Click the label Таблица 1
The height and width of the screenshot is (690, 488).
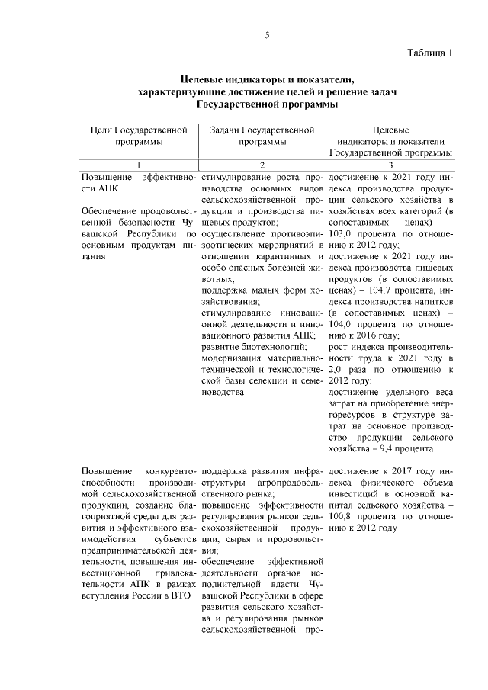click(x=430, y=53)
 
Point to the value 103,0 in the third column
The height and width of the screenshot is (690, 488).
click(x=344, y=233)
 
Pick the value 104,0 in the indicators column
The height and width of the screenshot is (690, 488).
click(x=344, y=323)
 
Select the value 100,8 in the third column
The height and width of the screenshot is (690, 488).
click(x=342, y=515)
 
